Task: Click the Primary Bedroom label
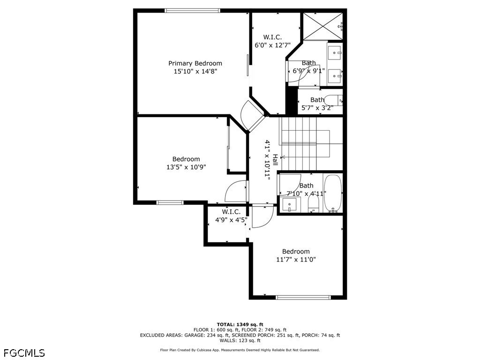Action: [195, 63]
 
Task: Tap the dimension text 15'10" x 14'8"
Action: [195, 71]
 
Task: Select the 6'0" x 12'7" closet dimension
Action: [272, 45]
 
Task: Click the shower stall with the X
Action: [323, 26]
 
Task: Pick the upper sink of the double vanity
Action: [335, 53]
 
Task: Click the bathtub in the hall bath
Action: [333, 193]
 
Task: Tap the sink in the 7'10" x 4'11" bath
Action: [289, 205]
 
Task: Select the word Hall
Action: [275, 160]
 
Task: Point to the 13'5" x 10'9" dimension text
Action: [186, 167]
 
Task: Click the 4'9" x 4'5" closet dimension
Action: [231, 219]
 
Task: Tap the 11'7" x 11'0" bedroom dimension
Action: [296, 260]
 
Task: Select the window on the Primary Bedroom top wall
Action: [192, 11]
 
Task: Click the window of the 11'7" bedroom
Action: [303, 297]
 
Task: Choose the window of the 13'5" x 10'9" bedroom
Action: [170, 202]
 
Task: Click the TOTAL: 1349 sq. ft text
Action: [240, 324]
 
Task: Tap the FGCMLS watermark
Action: [24, 353]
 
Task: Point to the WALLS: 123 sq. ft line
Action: [240, 340]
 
